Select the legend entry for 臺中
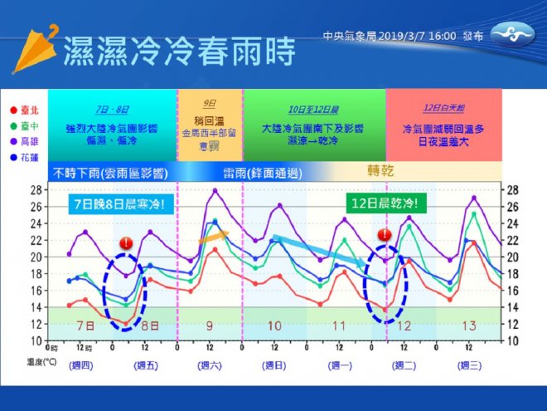click(25, 125)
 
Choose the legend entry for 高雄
click(25, 141)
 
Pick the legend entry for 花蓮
click(25, 157)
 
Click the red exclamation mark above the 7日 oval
click(125, 243)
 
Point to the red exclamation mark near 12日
click(385, 235)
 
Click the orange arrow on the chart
click(213, 237)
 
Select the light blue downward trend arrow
click(319, 251)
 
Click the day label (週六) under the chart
click(210, 366)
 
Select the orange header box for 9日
click(210, 123)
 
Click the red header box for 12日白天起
click(443, 123)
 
